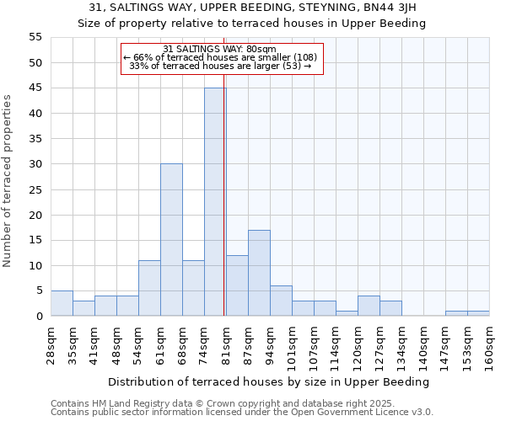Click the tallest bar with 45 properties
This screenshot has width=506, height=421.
tap(215, 202)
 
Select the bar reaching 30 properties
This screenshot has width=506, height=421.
tap(171, 240)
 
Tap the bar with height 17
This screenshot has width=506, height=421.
tap(259, 273)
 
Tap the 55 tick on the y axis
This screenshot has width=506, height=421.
tap(35, 37)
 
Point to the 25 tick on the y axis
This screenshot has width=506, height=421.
tap(35, 189)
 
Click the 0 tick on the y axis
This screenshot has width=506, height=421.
tap(38, 317)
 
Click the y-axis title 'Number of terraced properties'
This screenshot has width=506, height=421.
tap(8, 181)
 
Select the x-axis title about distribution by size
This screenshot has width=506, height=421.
tap(269, 381)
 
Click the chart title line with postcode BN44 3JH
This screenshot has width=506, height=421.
tap(252, 8)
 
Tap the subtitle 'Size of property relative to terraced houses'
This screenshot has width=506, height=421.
tap(252, 24)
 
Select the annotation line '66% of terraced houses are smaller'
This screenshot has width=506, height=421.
tap(220, 58)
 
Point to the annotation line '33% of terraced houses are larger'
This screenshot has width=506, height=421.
tap(220, 67)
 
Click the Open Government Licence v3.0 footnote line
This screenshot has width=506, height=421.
tap(242, 413)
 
